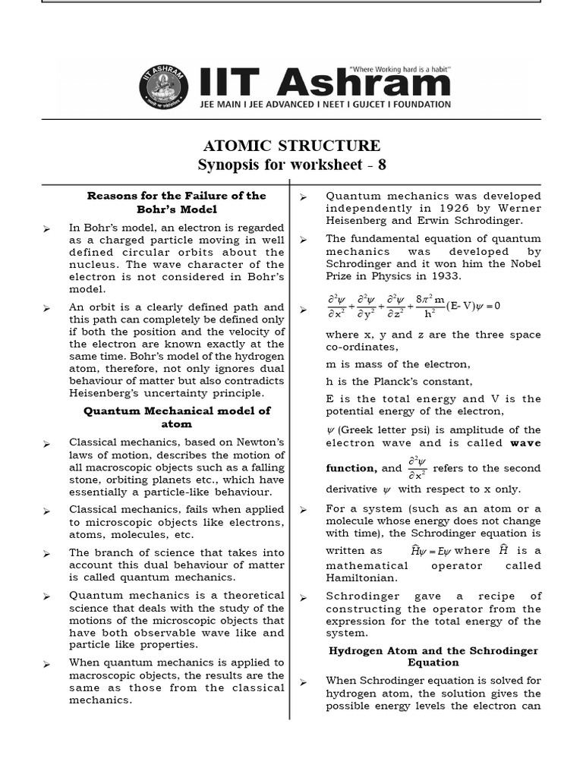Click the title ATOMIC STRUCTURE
[x=291, y=146]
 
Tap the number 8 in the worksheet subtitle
[x=382, y=165]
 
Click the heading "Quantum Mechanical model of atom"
[x=176, y=417]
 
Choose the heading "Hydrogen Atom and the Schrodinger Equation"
[x=433, y=656]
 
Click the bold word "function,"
[x=351, y=468]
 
